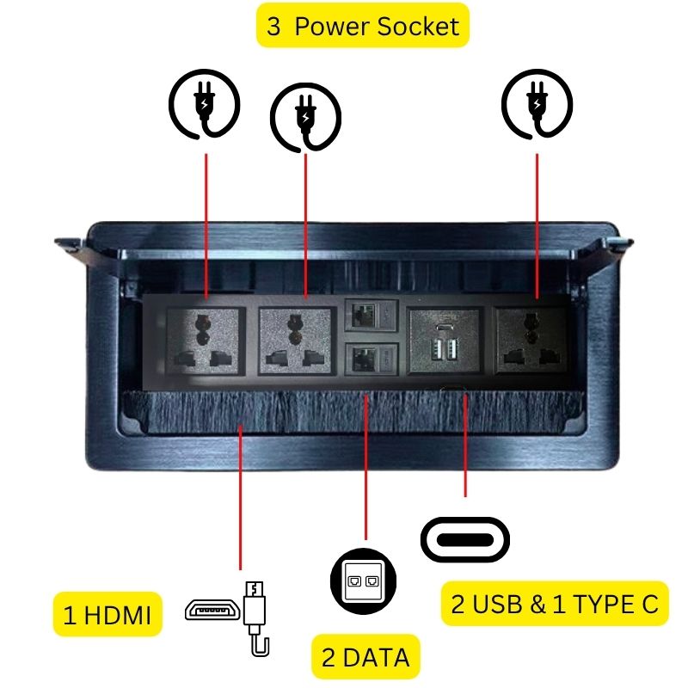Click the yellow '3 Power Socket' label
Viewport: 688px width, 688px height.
(x=363, y=26)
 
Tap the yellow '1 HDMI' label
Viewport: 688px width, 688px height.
(x=107, y=615)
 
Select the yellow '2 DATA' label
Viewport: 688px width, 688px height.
(x=365, y=658)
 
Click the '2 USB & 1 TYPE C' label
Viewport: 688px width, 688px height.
(x=555, y=604)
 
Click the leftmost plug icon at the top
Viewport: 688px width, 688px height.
(x=204, y=105)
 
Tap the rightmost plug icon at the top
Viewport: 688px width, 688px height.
(x=537, y=105)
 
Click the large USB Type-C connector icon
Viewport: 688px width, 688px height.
(x=465, y=539)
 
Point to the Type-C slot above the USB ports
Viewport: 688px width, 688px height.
(x=443, y=328)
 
